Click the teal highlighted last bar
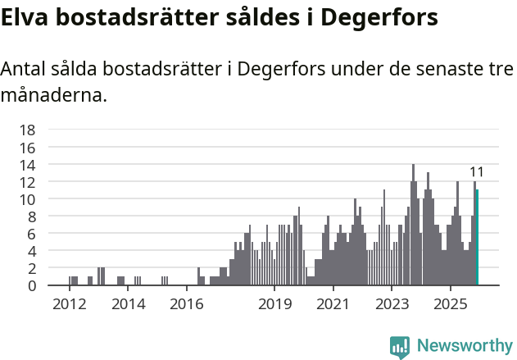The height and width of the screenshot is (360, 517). pyautogui.click(x=477, y=238)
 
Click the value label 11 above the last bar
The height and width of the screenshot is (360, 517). pyautogui.click(x=477, y=172)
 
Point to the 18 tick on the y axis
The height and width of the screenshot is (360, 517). pyautogui.click(x=27, y=130)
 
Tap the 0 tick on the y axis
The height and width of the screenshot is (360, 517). pyautogui.click(x=31, y=285)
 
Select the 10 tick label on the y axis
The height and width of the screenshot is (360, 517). pyautogui.click(x=27, y=199)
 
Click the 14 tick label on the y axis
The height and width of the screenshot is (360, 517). pyautogui.click(x=27, y=164)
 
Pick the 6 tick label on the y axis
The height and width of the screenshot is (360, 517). pyautogui.click(x=31, y=234)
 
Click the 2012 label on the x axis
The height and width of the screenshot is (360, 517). pyautogui.click(x=69, y=304)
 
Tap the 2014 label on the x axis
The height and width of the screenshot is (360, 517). pyautogui.click(x=128, y=304)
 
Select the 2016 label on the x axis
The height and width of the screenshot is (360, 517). pyautogui.click(x=187, y=304)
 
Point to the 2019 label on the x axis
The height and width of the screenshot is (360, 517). pyautogui.click(x=274, y=304)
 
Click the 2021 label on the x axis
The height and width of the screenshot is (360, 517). pyautogui.click(x=333, y=304)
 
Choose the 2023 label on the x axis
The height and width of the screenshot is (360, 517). pyautogui.click(x=392, y=304)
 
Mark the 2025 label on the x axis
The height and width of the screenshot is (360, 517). pyautogui.click(x=451, y=304)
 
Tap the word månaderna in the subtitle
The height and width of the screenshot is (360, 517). pyautogui.click(x=53, y=95)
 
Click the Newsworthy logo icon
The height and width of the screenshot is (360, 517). pyautogui.click(x=400, y=347)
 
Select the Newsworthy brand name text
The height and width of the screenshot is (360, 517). pyautogui.click(x=465, y=347)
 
